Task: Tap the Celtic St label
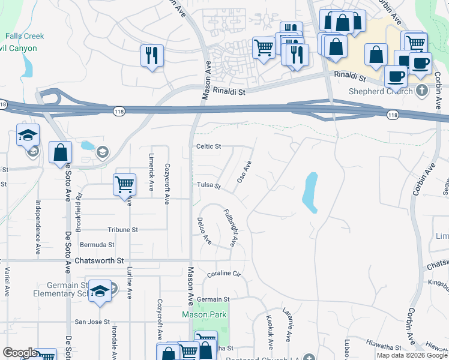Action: click(x=209, y=146)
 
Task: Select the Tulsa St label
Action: click(x=209, y=185)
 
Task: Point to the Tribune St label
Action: click(x=122, y=230)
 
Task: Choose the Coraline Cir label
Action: click(x=223, y=274)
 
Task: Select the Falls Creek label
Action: click(x=26, y=36)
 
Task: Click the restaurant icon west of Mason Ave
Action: click(x=152, y=56)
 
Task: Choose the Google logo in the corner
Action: click(x=19, y=353)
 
